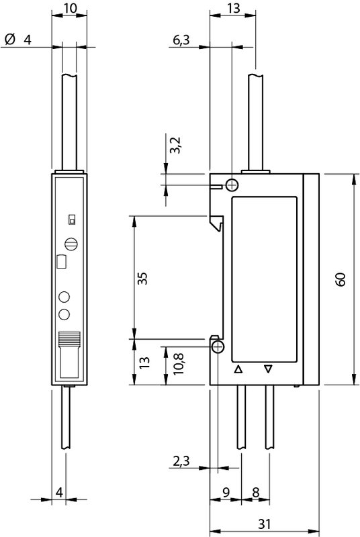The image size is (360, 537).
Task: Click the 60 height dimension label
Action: click(341, 279)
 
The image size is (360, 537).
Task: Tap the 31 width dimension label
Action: click(264, 524)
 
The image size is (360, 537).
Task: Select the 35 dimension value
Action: click(142, 278)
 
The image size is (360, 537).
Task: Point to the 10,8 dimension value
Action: click(179, 364)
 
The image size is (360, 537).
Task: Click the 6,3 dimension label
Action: click(181, 40)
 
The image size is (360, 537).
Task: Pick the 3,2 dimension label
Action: click(175, 145)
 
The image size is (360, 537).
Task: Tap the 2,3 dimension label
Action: click(181, 461)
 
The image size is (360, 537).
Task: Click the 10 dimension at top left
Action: click(71, 8)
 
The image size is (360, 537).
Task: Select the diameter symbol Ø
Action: click(10, 40)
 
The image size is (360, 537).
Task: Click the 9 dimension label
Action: click(226, 493)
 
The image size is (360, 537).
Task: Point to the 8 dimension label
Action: click(255, 493)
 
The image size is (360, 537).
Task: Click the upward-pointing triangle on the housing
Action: click(238, 370)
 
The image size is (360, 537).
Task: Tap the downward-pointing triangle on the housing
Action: click(268, 369)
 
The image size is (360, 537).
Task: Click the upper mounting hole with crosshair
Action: click(232, 186)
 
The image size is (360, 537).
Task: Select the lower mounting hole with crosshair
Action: click(218, 347)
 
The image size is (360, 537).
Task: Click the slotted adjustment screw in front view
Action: click(71, 244)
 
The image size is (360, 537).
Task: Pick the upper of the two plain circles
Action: click(64, 297)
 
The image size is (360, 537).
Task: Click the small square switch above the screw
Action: click(72, 219)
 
